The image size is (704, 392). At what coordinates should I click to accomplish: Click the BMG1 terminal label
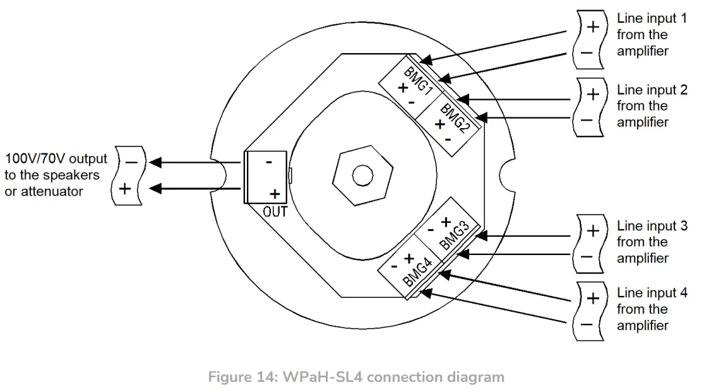click(x=418, y=80)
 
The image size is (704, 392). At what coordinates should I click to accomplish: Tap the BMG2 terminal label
click(x=455, y=119)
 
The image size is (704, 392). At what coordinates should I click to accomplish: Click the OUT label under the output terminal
click(x=275, y=211)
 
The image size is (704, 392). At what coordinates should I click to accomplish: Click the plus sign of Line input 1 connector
click(x=593, y=27)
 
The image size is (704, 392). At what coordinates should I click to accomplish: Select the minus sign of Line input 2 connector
click(x=587, y=120)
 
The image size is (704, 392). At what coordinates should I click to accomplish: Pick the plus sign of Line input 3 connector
click(x=593, y=231)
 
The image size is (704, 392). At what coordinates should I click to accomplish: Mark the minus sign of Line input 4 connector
click(x=587, y=324)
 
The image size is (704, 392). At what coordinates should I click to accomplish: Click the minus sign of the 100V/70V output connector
click(x=131, y=162)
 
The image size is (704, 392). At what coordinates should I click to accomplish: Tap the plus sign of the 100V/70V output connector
click(x=125, y=187)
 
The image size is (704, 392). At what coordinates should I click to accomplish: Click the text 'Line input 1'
click(x=652, y=19)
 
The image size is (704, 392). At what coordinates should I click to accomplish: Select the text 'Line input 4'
click(x=652, y=293)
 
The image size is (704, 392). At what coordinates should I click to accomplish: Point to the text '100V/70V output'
click(x=56, y=158)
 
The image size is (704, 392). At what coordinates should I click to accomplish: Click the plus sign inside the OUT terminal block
click(x=275, y=194)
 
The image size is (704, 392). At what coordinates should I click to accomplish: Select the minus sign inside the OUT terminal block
click(x=269, y=162)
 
